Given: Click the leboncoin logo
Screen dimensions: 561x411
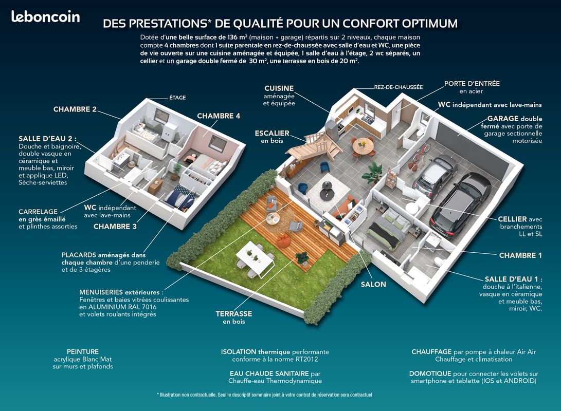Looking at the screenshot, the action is click(45, 17).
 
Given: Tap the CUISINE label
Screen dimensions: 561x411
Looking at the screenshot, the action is click(279, 88).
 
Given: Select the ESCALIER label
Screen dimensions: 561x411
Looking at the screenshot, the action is click(272, 133).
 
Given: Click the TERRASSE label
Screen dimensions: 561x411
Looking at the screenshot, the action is click(233, 314).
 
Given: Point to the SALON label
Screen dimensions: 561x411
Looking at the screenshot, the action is click(373, 285).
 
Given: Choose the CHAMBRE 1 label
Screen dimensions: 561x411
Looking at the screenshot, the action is click(520, 255).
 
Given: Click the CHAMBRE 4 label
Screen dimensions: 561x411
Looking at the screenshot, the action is click(219, 116).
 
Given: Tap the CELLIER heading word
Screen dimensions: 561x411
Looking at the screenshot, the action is click(512, 219).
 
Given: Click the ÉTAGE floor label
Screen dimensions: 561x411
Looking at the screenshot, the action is click(177, 98).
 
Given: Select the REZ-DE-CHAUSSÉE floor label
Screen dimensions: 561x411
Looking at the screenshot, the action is click(399, 87).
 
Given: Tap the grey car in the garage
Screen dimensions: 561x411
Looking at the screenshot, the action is click(435, 176).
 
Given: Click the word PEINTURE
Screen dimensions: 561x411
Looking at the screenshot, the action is click(83, 352).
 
